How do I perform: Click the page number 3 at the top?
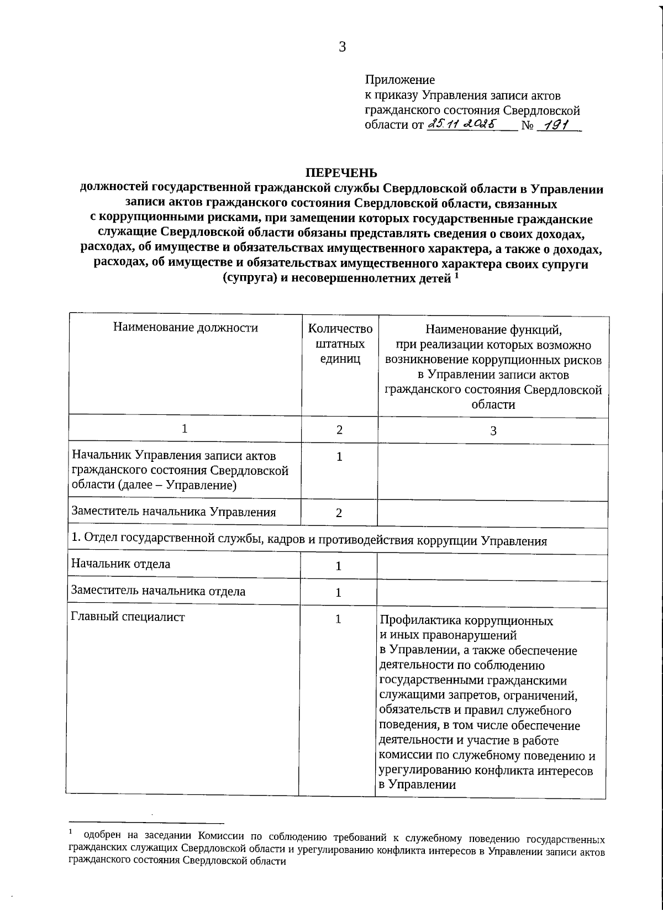(342, 47)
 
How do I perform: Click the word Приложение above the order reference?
(399, 80)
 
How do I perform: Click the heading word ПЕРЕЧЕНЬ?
(342, 173)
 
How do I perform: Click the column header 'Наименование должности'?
(186, 328)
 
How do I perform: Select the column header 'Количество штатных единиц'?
(340, 344)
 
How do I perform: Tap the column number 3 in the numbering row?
(493, 431)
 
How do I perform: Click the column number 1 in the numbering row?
(185, 429)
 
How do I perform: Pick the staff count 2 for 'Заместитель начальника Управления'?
(339, 513)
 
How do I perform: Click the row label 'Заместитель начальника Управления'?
(173, 512)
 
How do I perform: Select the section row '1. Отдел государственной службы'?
(309, 541)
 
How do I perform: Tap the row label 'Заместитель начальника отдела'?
(158, 591)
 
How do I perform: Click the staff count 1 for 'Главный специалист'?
(339, 619)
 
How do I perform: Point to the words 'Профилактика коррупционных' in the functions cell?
(466, 620)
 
